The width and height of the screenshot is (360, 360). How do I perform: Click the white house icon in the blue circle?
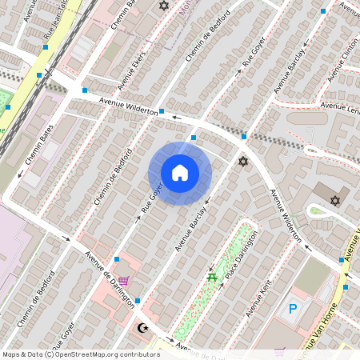[180, 172]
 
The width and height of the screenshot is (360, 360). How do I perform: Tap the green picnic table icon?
[212, 277]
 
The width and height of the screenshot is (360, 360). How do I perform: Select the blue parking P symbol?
[293, 308]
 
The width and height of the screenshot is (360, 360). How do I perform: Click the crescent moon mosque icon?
[145, 328]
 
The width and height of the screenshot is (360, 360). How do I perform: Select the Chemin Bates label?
[39, 145]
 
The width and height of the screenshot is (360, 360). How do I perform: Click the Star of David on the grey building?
[335, 200]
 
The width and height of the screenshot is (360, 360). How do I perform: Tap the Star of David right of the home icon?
[243, 162]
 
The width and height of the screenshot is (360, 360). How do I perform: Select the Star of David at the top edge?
[165, 6]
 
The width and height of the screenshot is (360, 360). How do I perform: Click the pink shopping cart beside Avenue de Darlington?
[123, 281]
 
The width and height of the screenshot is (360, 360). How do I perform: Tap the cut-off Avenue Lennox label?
[339, 106]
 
